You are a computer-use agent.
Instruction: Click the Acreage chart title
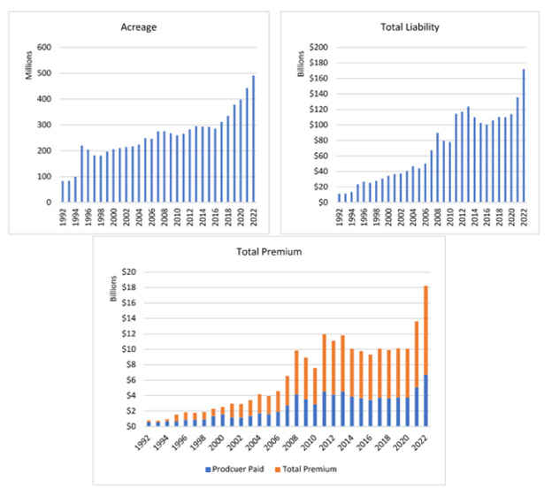tap(139, 27)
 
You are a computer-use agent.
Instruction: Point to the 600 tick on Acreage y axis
tap(42, 48)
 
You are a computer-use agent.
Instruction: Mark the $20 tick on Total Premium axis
tap(128, 272)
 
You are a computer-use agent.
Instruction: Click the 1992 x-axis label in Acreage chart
tap(63, 217)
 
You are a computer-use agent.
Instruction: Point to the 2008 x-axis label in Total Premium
tap(287, 441)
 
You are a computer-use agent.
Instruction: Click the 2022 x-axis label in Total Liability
tap(524, 217)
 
